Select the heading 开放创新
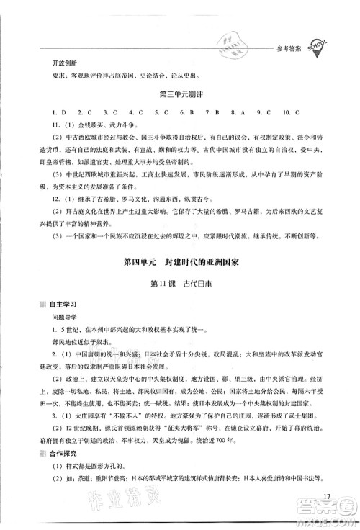pos(55,63)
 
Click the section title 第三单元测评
pos(179,95)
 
